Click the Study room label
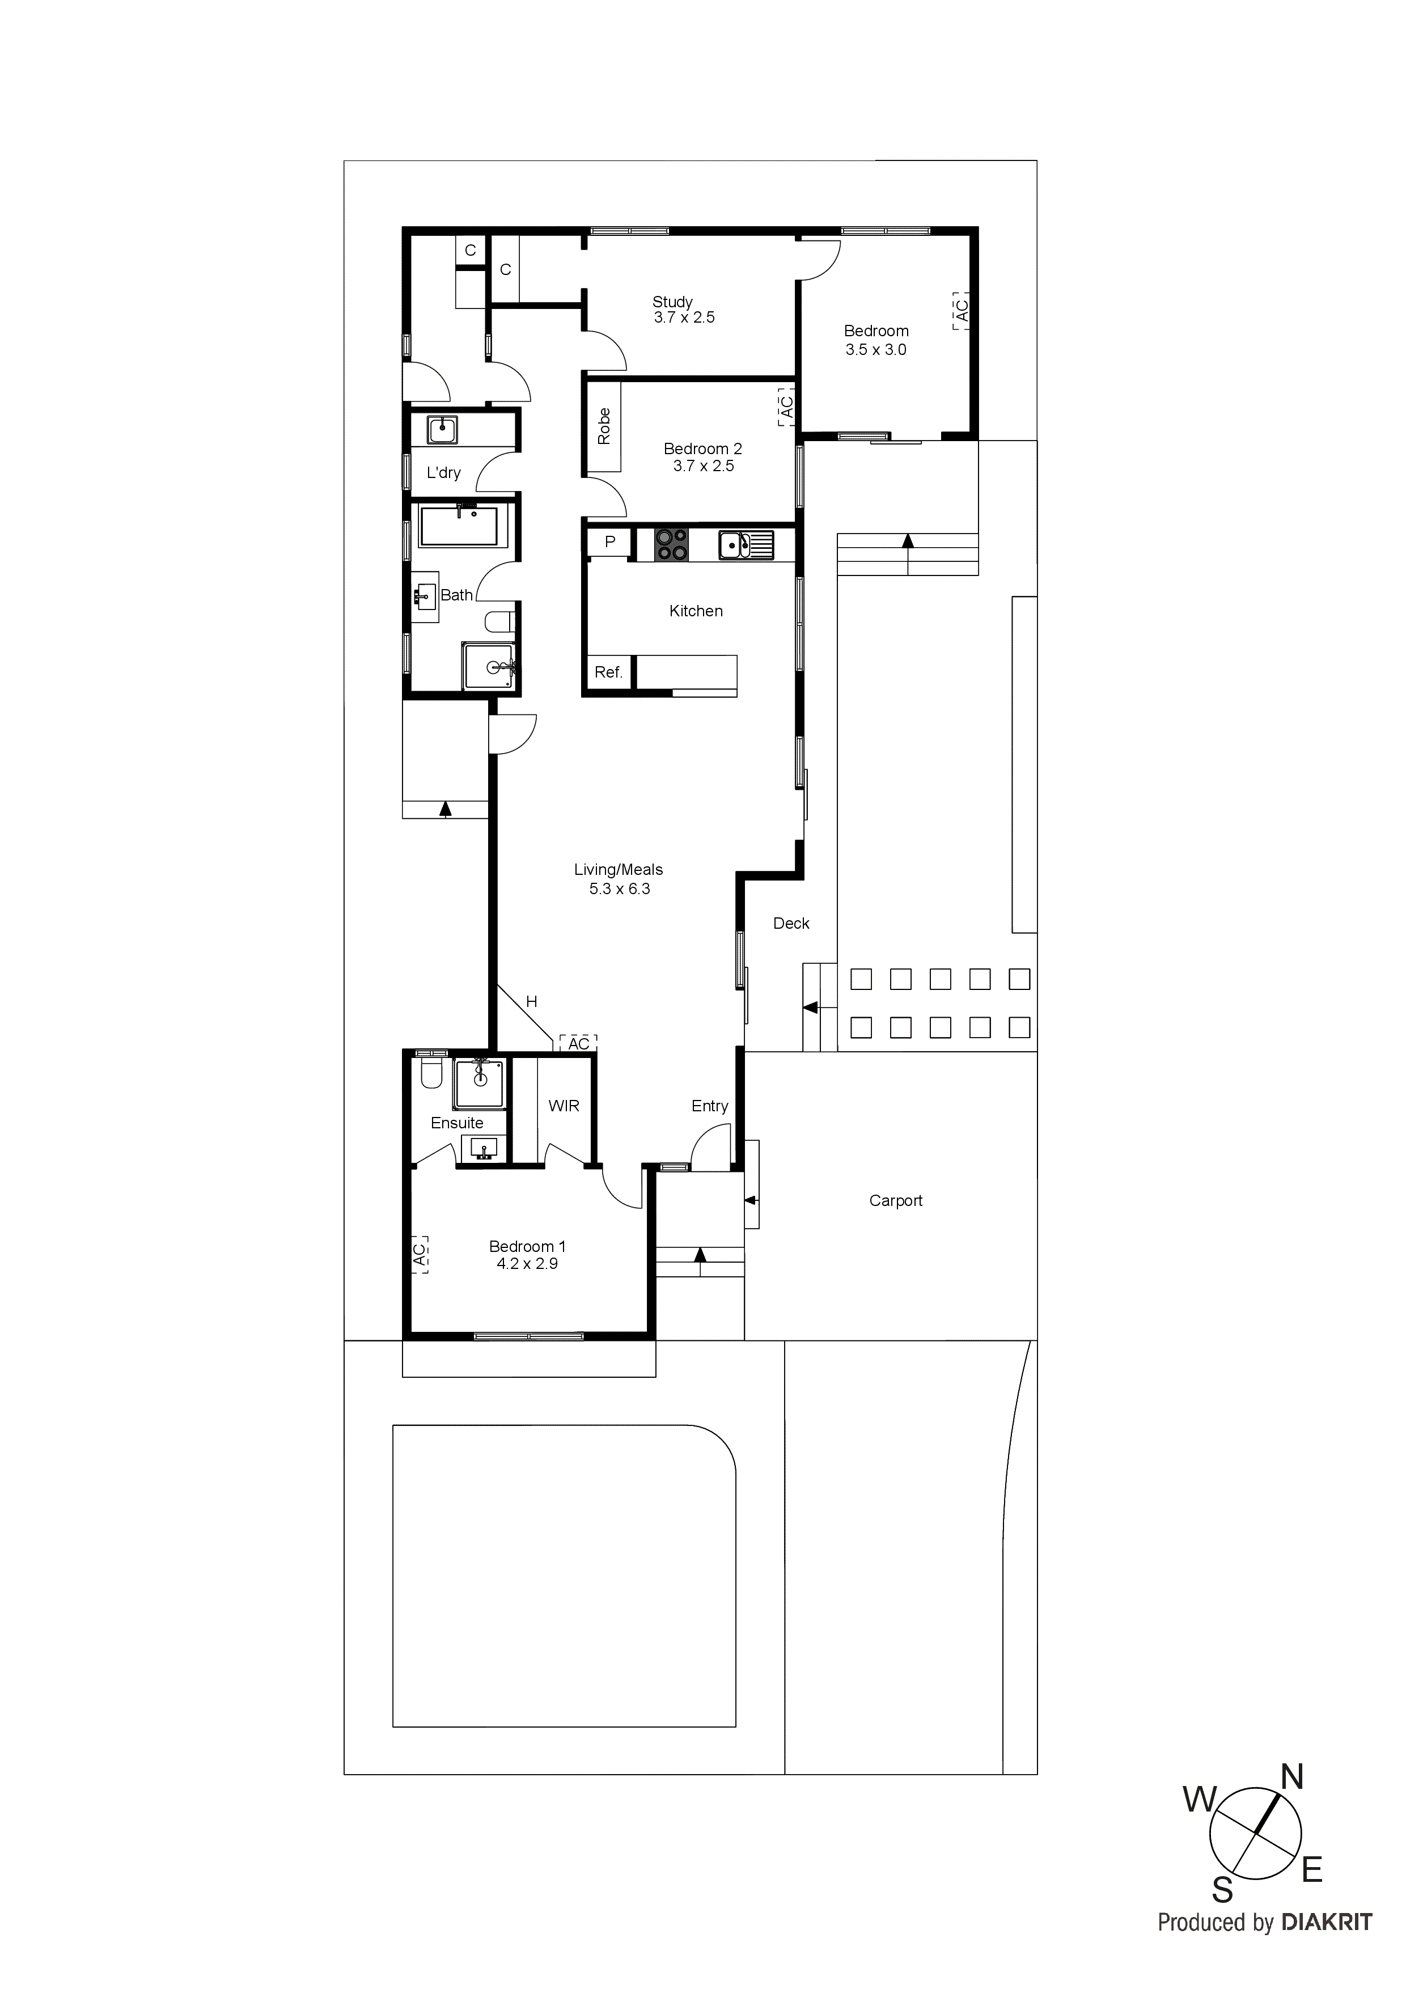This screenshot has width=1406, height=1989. (x=672, y=302)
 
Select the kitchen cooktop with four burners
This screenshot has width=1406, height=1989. (x=671, y=545)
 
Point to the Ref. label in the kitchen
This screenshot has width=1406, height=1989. (x=608, y=672)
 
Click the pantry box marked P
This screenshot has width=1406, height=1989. (x=610, y=542)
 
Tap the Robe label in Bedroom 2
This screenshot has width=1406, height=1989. (x=604, y=426)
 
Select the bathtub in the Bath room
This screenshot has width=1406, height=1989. (x=459, y=526)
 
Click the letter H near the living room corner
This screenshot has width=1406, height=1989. (x=531, y=1001)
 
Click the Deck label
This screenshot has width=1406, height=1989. (x=791, y=924)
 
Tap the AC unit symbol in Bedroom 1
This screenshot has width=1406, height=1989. (x=420, y=1254)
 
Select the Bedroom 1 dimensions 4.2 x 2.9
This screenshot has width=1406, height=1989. (x=527, y=1264)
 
